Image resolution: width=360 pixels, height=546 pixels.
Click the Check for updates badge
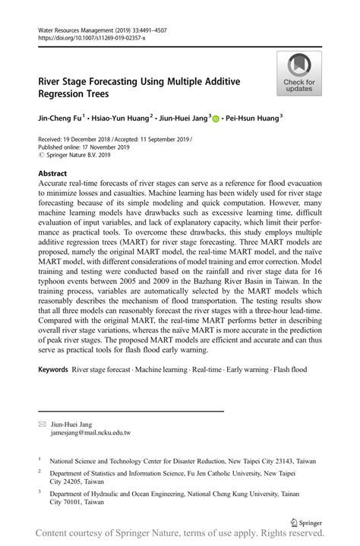click(299, 74)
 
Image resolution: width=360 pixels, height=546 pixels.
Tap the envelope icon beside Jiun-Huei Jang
click(42, 424)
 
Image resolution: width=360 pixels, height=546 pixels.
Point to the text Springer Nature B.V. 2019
click(80, 156)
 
